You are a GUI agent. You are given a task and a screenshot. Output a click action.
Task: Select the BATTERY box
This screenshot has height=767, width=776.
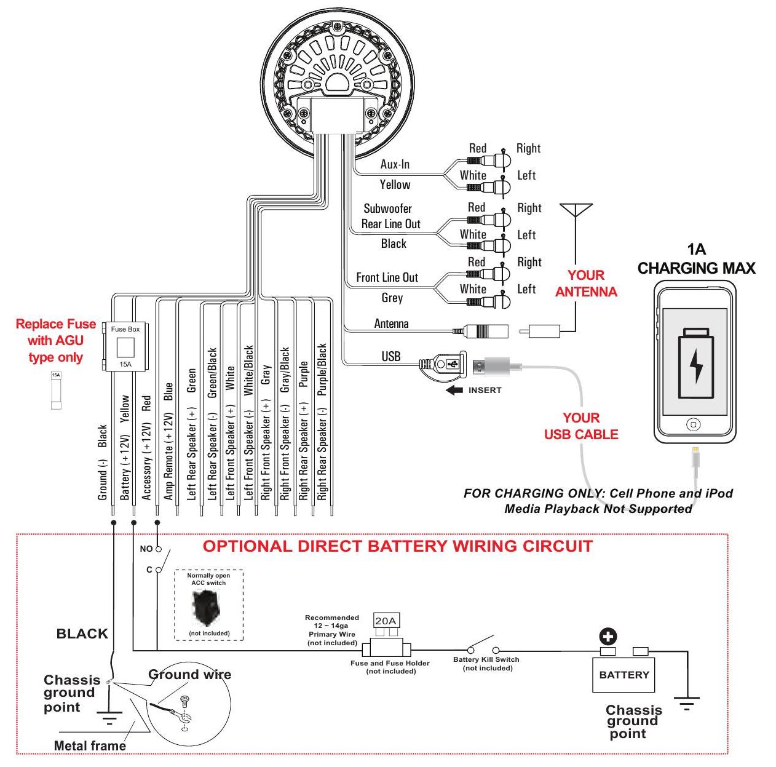(x=624, y=675)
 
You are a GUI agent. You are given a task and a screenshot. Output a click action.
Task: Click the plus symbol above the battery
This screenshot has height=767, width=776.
(x=608, y=637)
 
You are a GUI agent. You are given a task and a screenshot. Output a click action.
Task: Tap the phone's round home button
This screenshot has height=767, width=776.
(x=694, y=425)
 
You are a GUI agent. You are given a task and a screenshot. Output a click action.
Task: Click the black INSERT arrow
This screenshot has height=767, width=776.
(x=455, y=390)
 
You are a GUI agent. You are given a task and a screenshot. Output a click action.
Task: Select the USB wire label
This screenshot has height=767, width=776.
(x=391, y=356)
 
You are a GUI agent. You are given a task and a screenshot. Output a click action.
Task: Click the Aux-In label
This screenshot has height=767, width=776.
(x=395, y=164)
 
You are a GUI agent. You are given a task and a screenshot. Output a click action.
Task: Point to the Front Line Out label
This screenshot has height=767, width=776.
(x=387, y=277)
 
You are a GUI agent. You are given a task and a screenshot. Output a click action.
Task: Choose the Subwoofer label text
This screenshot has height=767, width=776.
(x=387, y=209)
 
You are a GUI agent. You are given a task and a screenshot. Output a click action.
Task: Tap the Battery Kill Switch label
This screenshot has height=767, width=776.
(x=486, y=659)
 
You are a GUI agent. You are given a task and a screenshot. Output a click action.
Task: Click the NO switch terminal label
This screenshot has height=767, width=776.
(x=146, y=548)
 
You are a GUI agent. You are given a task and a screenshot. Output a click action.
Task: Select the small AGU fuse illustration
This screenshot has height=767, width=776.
(x=56, y=390)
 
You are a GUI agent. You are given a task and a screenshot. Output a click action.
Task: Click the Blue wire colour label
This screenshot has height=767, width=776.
(x=169, y=392)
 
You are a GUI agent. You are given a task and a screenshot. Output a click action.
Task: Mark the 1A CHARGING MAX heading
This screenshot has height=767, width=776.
(x=696, y=259)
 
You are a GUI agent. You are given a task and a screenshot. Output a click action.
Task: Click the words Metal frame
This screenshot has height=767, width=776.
(x=90, y=746)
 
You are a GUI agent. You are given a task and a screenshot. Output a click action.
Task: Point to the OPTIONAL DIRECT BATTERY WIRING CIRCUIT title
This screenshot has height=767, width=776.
(x=397, y=546)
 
